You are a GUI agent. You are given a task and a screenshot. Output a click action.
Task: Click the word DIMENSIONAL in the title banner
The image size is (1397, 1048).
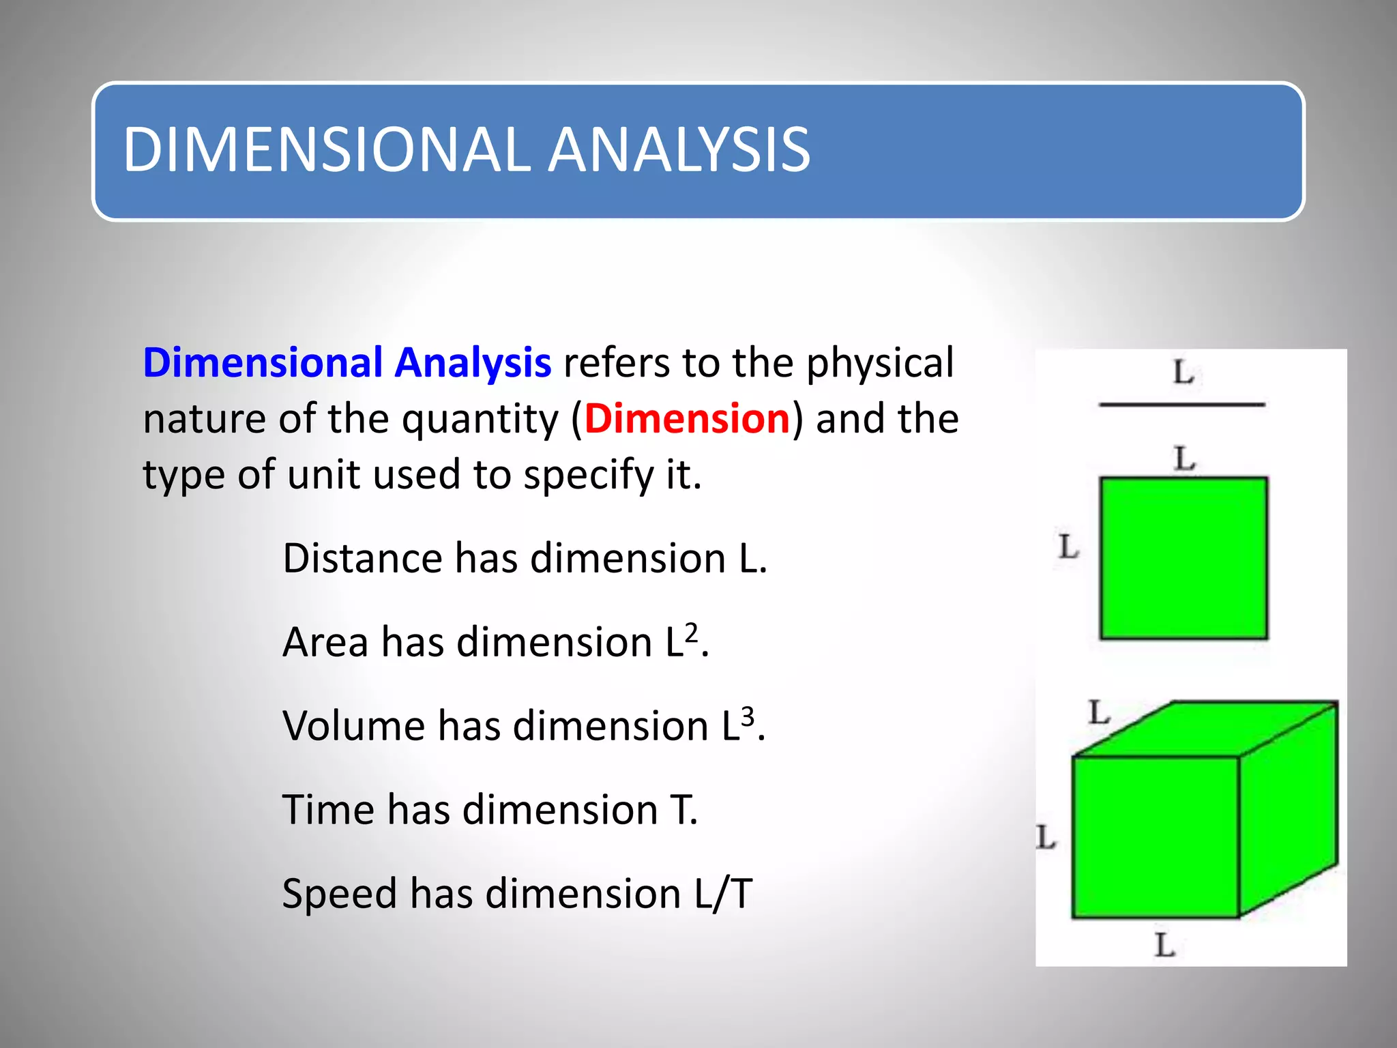click(326, 149)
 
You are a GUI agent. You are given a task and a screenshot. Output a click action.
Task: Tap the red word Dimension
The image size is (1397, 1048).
click(687, 418)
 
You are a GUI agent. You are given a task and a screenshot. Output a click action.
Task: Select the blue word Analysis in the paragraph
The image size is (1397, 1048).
click(473, 362)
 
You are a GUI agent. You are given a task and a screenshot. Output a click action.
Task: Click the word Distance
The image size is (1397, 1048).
click(362, 558)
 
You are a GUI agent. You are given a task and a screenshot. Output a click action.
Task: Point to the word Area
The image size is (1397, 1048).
click(325, 642)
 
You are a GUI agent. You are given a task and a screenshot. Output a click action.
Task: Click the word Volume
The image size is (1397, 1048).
click(353, 725)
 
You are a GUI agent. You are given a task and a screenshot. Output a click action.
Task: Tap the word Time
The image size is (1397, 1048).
click(328, 810)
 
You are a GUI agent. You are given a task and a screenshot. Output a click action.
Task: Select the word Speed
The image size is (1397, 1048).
click(339, 894)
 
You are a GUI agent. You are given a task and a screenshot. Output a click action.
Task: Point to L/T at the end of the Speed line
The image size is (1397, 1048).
click(723, 894)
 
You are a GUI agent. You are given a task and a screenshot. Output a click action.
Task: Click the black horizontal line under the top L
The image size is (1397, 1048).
click(1182, 405)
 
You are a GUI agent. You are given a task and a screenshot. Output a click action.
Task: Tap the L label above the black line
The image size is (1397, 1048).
click(1183, 373)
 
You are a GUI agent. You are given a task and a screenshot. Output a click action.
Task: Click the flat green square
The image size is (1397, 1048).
click(1183, 558)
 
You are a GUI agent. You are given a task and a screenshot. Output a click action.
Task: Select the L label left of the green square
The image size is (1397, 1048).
click(1068, 547)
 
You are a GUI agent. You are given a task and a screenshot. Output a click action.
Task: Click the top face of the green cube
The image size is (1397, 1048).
click(1205, 728)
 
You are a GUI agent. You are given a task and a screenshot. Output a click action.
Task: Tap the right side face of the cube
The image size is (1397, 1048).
click(1288, 810)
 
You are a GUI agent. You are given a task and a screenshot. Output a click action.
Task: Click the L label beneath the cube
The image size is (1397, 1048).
click(1165, 946)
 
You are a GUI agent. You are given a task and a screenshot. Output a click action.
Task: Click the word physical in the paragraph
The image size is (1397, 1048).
click(880, 364)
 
